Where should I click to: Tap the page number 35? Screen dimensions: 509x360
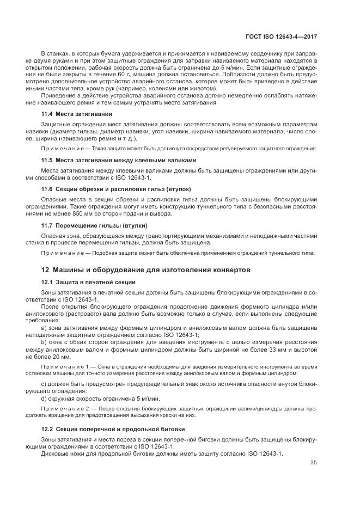pyautogui.click(x=313, y=463)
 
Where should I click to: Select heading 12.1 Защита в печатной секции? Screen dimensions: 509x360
pyautogui.click(x=88, y=282)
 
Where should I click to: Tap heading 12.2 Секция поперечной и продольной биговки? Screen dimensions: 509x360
pyautogui.click(x=113, y=428)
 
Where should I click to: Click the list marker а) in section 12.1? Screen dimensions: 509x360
pyautogui.click(x=44, y=329)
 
